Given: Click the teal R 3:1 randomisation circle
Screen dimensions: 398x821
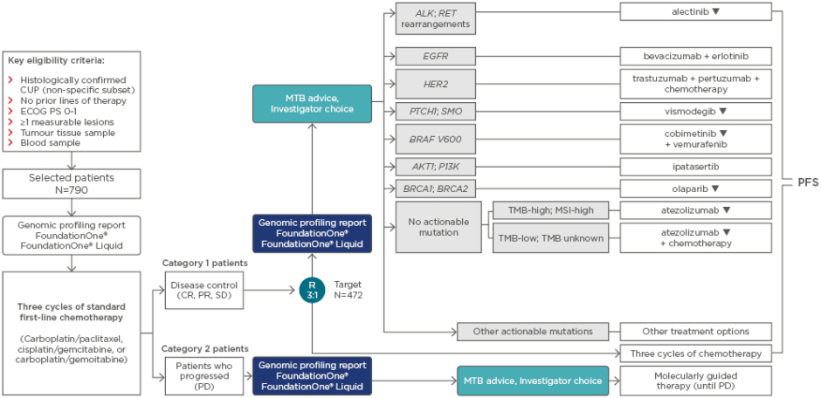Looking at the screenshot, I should click(x=312, y=290).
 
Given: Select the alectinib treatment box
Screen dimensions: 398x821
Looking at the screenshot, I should click(x=696, y=11).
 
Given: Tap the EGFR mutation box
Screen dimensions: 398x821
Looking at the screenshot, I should click(x=435, y=56).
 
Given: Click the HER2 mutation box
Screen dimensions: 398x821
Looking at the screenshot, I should click(x=435, y=84).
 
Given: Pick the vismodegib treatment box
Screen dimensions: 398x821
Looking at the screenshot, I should click(x=696, y=111).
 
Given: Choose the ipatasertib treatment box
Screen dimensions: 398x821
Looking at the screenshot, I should click(x=696, y=166).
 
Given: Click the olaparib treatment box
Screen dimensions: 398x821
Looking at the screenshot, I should click(x=696, y=188).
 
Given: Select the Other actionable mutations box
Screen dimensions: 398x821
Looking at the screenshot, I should click(x=533, y=332).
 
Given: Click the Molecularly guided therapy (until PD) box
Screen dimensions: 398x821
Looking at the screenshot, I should click(x=696, y=381).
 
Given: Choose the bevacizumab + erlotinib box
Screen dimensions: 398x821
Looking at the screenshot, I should click(x=696, y=56).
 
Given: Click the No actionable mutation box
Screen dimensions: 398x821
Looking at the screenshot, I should click(x=438, y=227).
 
